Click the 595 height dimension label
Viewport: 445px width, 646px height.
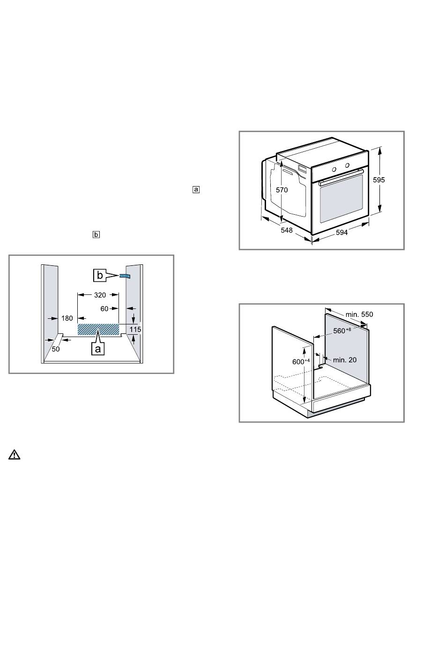378,180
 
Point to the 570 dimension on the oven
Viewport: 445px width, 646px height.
282,190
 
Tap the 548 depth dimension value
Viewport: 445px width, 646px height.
287,230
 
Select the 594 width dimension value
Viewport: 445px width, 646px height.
342,233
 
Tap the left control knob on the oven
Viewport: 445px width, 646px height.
334,169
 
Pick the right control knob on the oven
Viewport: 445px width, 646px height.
347,165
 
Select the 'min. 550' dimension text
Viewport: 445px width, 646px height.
359,315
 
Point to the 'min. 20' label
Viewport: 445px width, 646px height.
345,360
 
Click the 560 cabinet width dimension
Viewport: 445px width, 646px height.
342,331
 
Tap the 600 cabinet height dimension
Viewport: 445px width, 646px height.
301,361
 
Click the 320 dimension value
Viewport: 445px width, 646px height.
100,295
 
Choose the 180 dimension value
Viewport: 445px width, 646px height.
67,318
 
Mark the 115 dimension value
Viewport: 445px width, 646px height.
135,330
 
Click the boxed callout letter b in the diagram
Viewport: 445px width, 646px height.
100,275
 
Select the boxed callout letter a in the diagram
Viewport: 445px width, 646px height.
98,349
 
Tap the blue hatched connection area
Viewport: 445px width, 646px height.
98,330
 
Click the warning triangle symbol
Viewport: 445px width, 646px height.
15,455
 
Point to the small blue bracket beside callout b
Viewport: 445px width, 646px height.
125,276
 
